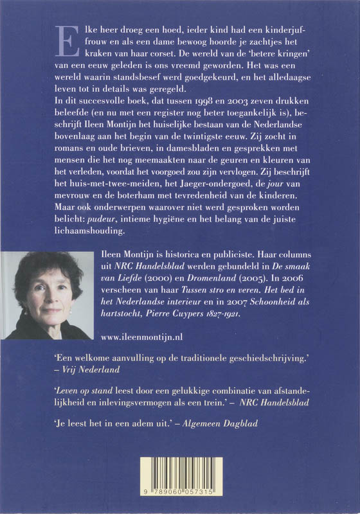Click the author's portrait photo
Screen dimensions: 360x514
(x=47, y=295)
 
